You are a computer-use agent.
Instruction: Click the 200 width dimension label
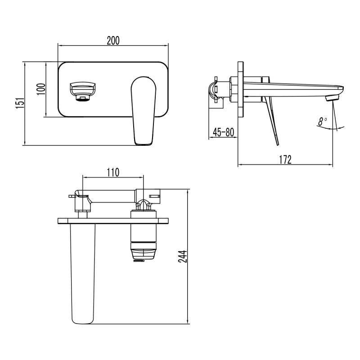(x=113, y=40)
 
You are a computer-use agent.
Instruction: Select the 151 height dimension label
(x=19, y=103)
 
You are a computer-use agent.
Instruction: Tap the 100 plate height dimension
(x=40, y=89)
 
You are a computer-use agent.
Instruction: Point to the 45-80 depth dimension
(x=223, y=132)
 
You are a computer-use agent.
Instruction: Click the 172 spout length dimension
(x=285, y=159)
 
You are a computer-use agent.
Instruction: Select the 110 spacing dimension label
(x=112, y=172)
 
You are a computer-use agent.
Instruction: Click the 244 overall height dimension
(x=182, y=256)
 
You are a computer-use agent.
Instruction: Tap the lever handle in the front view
(x=144, y=110)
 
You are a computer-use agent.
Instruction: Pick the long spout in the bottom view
(x=83, y=274)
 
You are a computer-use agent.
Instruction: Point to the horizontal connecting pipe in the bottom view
(x=112, y=196)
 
